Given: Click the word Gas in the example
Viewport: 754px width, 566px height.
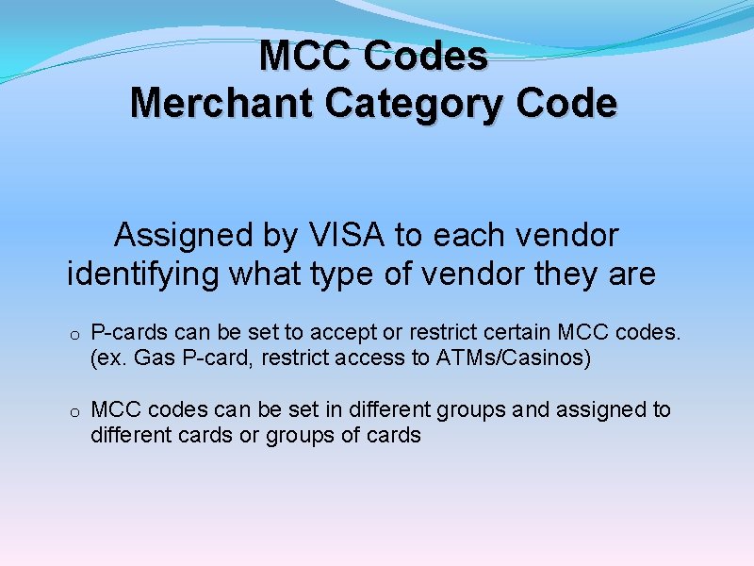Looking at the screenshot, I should click(x=154, y=358).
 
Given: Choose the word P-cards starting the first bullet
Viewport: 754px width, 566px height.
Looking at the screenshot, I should click(x=128, y=334).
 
